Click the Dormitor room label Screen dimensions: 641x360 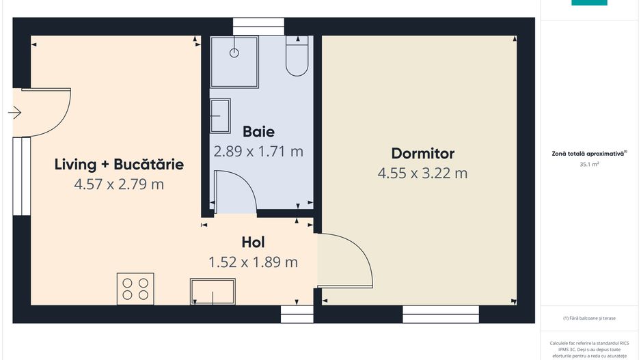(423, 154)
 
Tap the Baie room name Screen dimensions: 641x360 (258, 132)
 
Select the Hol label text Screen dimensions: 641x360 (253, 243)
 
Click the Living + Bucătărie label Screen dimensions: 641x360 (119, 164)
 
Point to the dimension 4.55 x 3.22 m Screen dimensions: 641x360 (422, 174)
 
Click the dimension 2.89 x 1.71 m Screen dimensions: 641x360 (258, 152)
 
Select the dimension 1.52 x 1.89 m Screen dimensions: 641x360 (253, 262)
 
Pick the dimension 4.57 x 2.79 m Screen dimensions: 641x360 (119, 184)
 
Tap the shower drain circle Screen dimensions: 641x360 (234, 53)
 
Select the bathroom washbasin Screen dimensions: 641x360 (220, 116)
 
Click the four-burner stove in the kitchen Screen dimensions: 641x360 (135, 289)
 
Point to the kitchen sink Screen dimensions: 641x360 (213, 292)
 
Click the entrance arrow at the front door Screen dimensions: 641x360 (15, 113)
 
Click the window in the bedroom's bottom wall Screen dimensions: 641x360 (441, 314)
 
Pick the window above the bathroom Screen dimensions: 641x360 (258, 27)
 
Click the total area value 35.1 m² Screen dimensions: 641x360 (589, 164)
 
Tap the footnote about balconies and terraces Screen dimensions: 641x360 (589, 318)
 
